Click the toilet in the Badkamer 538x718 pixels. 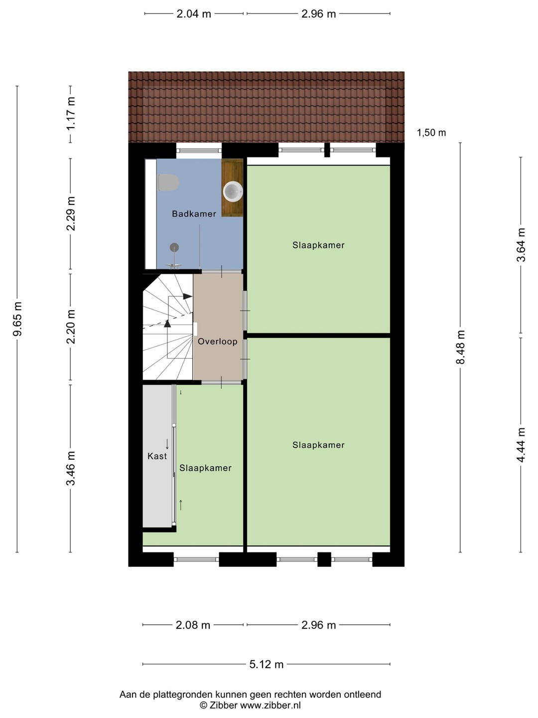[168, 182]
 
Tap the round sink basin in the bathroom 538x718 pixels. [233, 191]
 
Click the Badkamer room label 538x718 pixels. [194, 214]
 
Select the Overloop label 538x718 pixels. [218, 342]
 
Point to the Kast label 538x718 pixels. [157, 456]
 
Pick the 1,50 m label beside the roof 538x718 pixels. [431, 133]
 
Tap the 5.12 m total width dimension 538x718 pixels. [266, 664]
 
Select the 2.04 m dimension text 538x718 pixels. [194, 14]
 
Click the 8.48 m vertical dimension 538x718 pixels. [461, 347]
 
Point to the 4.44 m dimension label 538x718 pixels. [521, 445]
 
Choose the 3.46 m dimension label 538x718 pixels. [71, 468]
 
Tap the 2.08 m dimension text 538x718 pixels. [193, 625]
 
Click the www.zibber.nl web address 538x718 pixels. [270, 705]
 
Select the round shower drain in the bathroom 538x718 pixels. [174, 247]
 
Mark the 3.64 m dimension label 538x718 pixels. [521, 245]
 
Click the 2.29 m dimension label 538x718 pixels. [71, 213]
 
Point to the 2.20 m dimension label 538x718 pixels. [71, 327]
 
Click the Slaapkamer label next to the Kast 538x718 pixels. [205, 468]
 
